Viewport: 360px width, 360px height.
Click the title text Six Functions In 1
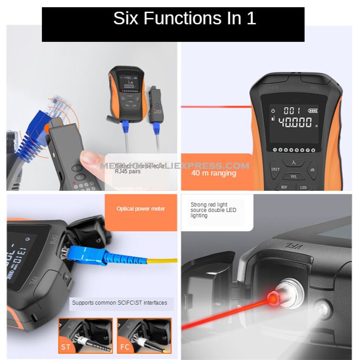pyautogui.click(x=184, y=19)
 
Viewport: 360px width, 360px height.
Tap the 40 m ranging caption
pyautogui.click(x=214, y=173)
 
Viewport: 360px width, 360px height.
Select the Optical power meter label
pyautogui.click(x=140, y=209)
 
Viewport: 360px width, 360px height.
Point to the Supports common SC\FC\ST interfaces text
pyautogui.click(x=119, y=303)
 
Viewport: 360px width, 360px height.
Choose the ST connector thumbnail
pyautogui.click(x=85, y=335)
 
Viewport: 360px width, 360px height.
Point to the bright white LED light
pyautogui.click(x=322, y=309)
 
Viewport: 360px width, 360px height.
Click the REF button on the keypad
pyautogui.click(x=284, y=187)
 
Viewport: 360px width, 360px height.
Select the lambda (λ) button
pyautogui.click(x=295, y=163)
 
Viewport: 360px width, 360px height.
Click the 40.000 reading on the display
pyautogui.click(x=295, y=122)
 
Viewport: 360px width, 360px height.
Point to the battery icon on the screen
pyautogui.click(x=312, y=110)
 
